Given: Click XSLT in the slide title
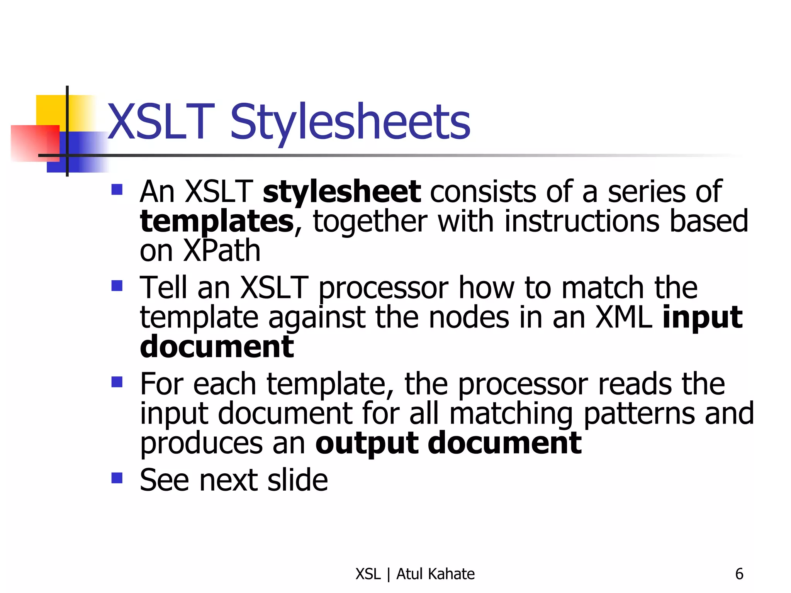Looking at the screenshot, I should [161, 122].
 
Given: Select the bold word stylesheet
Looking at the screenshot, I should [341, 192].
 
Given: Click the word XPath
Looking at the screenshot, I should [222, 251].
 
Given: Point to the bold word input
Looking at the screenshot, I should [702, 318].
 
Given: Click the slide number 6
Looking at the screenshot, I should [739, 574].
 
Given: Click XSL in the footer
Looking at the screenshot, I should [368, 574].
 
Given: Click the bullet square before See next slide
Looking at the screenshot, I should [117, 478].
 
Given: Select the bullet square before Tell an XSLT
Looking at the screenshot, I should [117, 286].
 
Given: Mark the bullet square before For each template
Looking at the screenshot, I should [117, 382].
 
